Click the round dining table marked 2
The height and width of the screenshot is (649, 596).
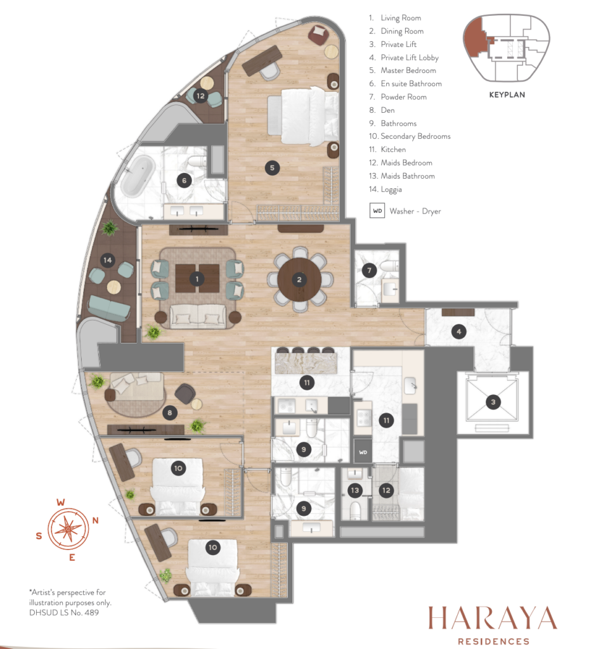[x=299, y=280]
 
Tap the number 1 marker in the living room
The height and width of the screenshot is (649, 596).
[x=197, y=279]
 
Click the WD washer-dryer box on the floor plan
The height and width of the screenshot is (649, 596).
[x=363, y=452]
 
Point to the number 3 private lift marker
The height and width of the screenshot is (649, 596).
[x=493, y=402]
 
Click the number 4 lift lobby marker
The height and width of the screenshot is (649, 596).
[x=458, y=331]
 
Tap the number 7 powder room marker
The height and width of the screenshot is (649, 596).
[x=369, y=271]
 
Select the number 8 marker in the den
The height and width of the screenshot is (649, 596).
[x=169, y=413]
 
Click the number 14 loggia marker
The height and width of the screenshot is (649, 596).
[x=108, y=260]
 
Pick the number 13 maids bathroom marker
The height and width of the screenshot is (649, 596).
[x=354, y=491]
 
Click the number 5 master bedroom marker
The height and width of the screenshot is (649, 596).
[x=272, y=168]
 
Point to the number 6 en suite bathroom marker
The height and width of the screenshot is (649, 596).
[x=185, y=181]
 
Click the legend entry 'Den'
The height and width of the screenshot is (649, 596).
[x=387, y=110]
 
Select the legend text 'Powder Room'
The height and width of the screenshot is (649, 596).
[x=404, y=97]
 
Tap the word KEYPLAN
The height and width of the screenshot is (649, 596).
[x=507, y=95]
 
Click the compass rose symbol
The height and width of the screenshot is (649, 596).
[x=68, y=529]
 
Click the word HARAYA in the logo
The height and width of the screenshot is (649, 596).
[x=493, y=619]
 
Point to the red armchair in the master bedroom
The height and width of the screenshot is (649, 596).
[x=318, y=34]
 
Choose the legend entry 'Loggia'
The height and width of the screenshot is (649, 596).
[x=391, y=190]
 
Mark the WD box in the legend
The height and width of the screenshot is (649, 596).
[x=377, y=210]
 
